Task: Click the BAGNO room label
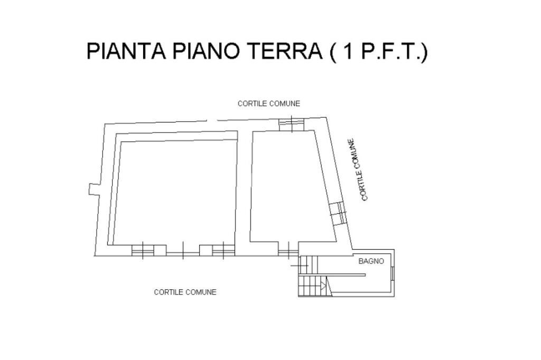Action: (371, 261)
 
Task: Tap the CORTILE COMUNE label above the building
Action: (268, 103)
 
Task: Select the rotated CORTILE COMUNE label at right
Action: (358, 169)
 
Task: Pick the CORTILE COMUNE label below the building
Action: (185, 292)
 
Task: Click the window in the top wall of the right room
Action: (291, 124)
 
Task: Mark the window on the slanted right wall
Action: (338, 213)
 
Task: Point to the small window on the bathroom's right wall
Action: (393, 273)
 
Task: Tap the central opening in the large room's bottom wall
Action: (183, 250)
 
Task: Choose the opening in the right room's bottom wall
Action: (288, 251)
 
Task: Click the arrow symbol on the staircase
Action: (322, 287)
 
